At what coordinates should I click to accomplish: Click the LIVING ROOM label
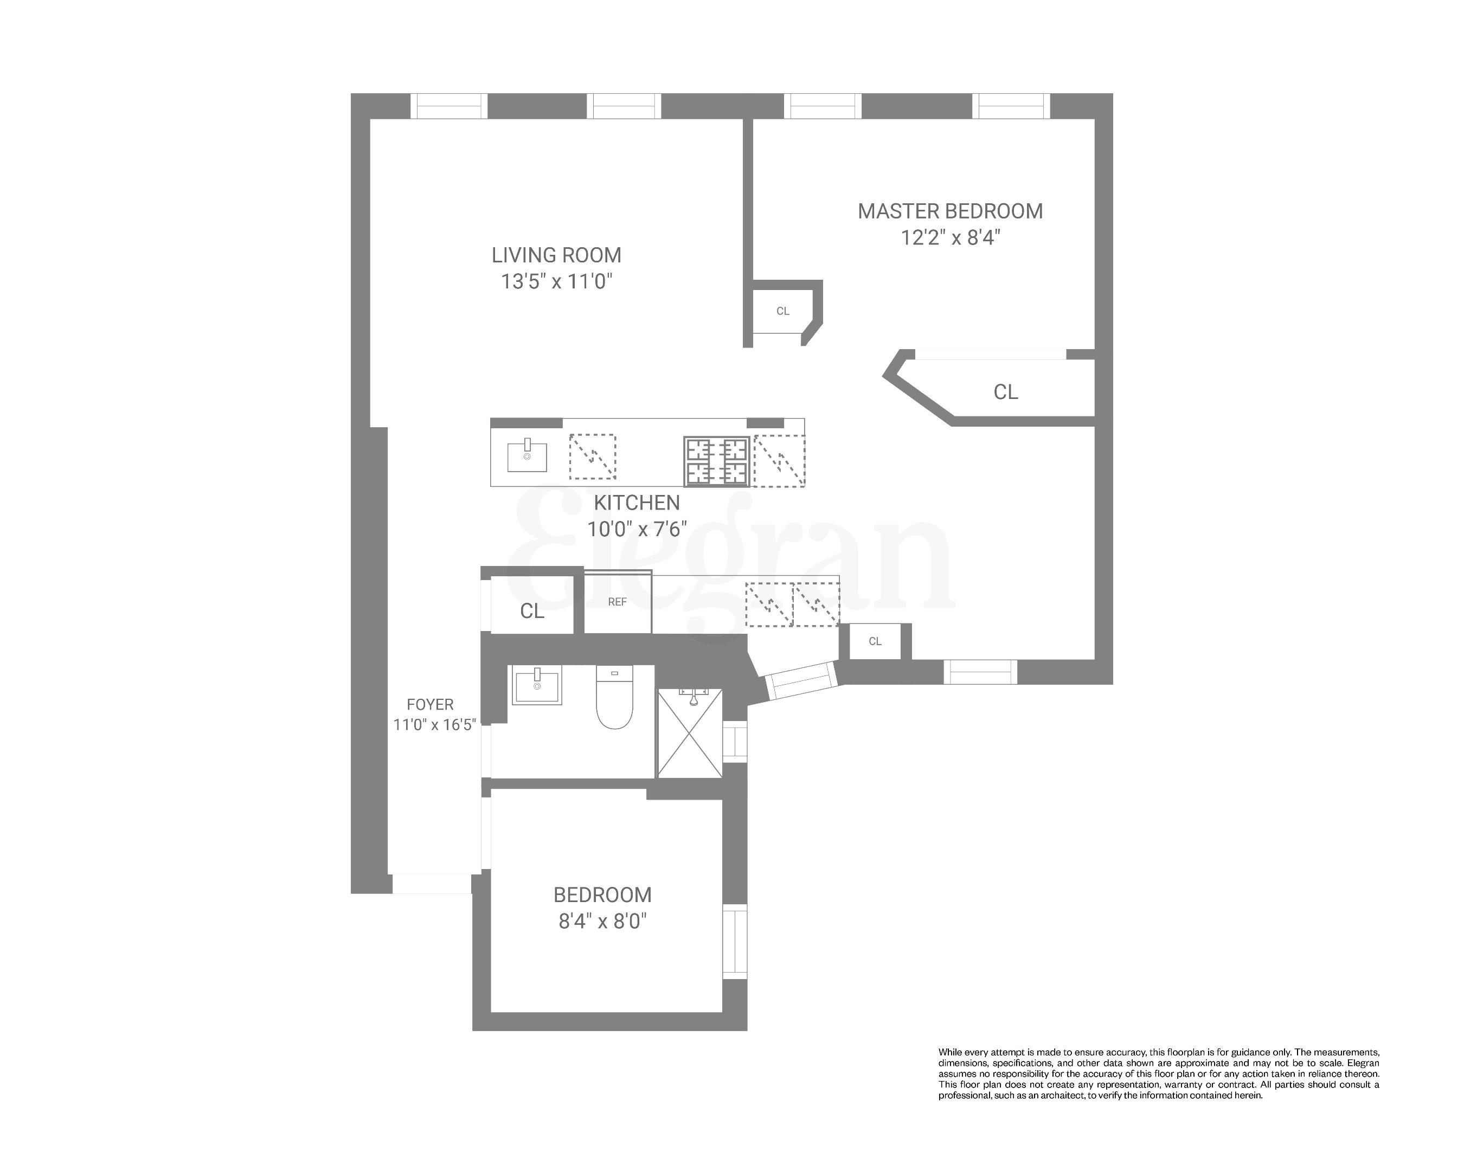pos(556,255)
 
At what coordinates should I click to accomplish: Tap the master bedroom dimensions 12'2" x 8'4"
pos(950,237)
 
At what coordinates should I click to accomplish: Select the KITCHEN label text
pos(636,503)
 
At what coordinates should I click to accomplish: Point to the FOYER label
pos(430,705)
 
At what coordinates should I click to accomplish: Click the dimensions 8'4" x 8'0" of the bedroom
pos(602,921)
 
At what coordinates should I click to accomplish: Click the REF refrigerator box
pos(617,602)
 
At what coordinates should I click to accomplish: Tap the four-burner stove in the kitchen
pos(716,461)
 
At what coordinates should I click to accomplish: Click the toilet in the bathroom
pos(614,698)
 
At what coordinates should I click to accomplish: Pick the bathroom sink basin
pos(536,686)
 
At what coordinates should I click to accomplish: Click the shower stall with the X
pos(690,733)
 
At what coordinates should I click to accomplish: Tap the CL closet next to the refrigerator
pos(532,611)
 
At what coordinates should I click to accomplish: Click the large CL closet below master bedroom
pos(1005,392)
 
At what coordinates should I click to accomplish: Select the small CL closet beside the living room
pos(782,311)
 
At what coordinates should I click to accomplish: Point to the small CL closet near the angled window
pos(875,641)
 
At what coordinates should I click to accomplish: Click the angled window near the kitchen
pos(800,680)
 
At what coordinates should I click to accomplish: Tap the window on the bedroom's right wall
pos(735,941)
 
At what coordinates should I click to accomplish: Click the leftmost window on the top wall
pos(449,106)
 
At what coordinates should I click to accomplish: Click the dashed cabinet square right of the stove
pos(779,461)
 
